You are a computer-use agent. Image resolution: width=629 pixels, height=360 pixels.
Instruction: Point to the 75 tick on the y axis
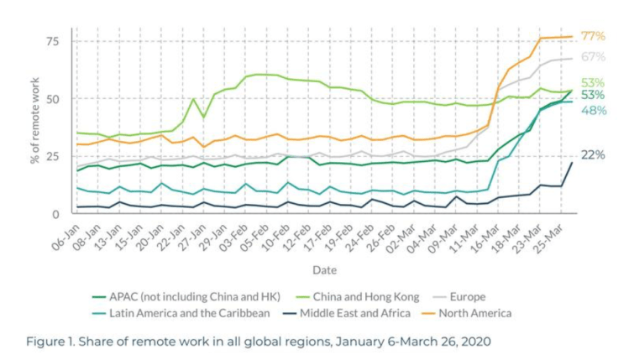(x=55, y=42)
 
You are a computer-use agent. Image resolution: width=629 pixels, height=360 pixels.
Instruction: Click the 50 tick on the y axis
(x=55, y=99)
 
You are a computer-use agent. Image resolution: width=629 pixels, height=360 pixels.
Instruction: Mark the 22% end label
(x=593, y=155)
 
